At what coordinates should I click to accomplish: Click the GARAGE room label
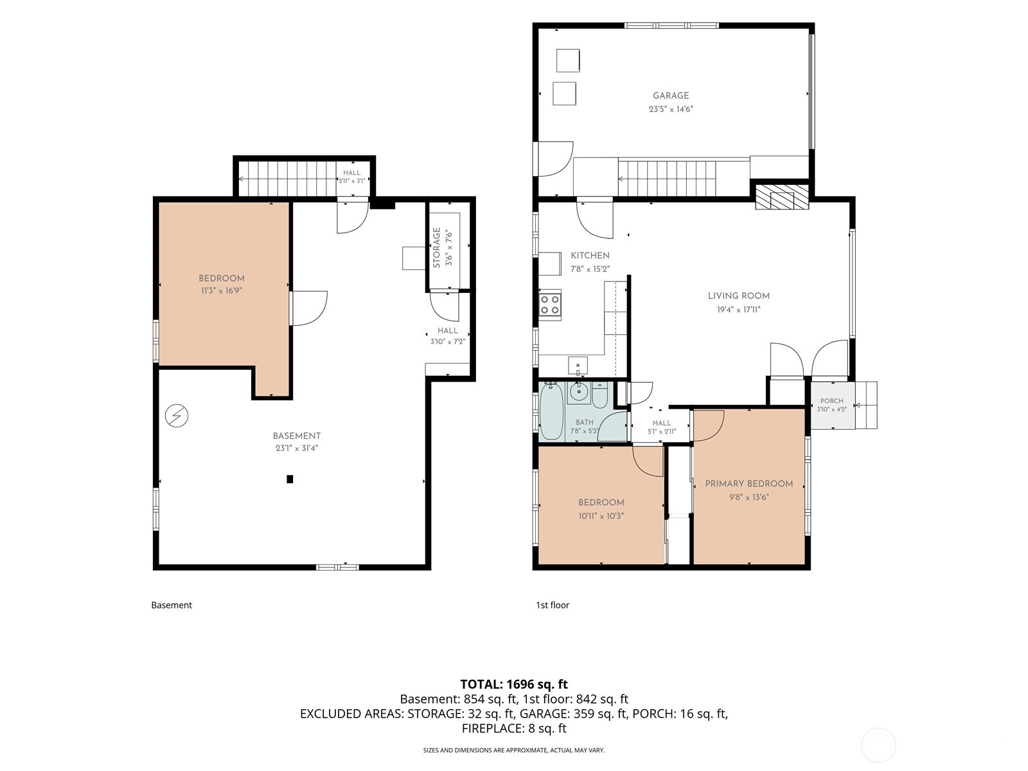(x=671, y=96)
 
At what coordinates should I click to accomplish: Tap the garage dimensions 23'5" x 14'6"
(x=671, y=109)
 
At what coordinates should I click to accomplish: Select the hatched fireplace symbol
(x=782, y=197)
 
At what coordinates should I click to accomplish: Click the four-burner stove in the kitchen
(x=550, y=305)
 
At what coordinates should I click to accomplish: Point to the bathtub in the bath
(x=552, y=412)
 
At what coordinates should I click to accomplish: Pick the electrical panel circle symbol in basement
(x=177, y=415)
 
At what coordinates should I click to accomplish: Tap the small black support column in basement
(x=290, y=479)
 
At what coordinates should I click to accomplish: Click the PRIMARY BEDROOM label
(x=749, y=484)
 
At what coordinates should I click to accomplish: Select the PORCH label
(x=832, y=401)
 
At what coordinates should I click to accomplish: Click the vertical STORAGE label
(x=436, y=247)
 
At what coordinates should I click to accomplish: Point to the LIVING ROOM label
(x=739, y=296)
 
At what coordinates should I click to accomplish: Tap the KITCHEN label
(x=590, y=256)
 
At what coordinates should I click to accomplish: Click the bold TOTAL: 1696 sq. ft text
(x=514, y=684)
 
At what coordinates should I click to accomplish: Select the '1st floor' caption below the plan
(x=553, y=605)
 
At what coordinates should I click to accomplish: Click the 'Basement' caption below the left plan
(x=172, y=605)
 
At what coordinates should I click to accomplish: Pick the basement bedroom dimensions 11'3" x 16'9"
(x=222, y=290)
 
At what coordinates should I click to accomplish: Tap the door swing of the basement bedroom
(x=309, y=308)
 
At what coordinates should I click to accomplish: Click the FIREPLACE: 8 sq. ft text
(x=514, y=729)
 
